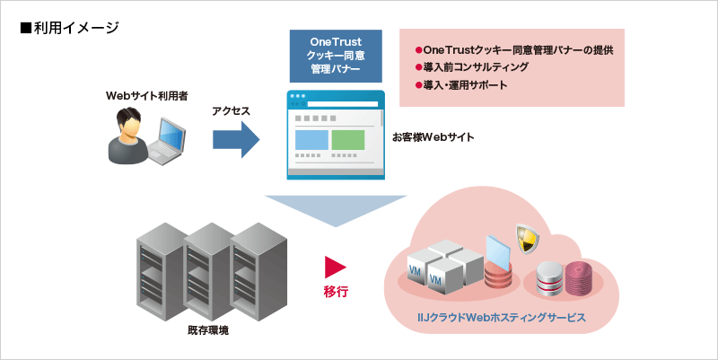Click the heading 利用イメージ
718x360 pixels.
click(x=69, y=28)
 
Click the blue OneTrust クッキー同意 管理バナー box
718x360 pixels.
click(x=334, y=55)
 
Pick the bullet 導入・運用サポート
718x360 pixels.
click(x=461, y=85)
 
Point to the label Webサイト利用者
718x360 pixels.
click(x=147, y=95)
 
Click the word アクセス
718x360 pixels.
click(x=231, y=111)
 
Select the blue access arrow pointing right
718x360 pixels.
click(x=235, y=140)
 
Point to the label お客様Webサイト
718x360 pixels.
click(x=433, y=137)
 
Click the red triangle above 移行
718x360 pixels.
click(x=335, y=266)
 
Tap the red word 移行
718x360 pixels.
click(x=336, y=292)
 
